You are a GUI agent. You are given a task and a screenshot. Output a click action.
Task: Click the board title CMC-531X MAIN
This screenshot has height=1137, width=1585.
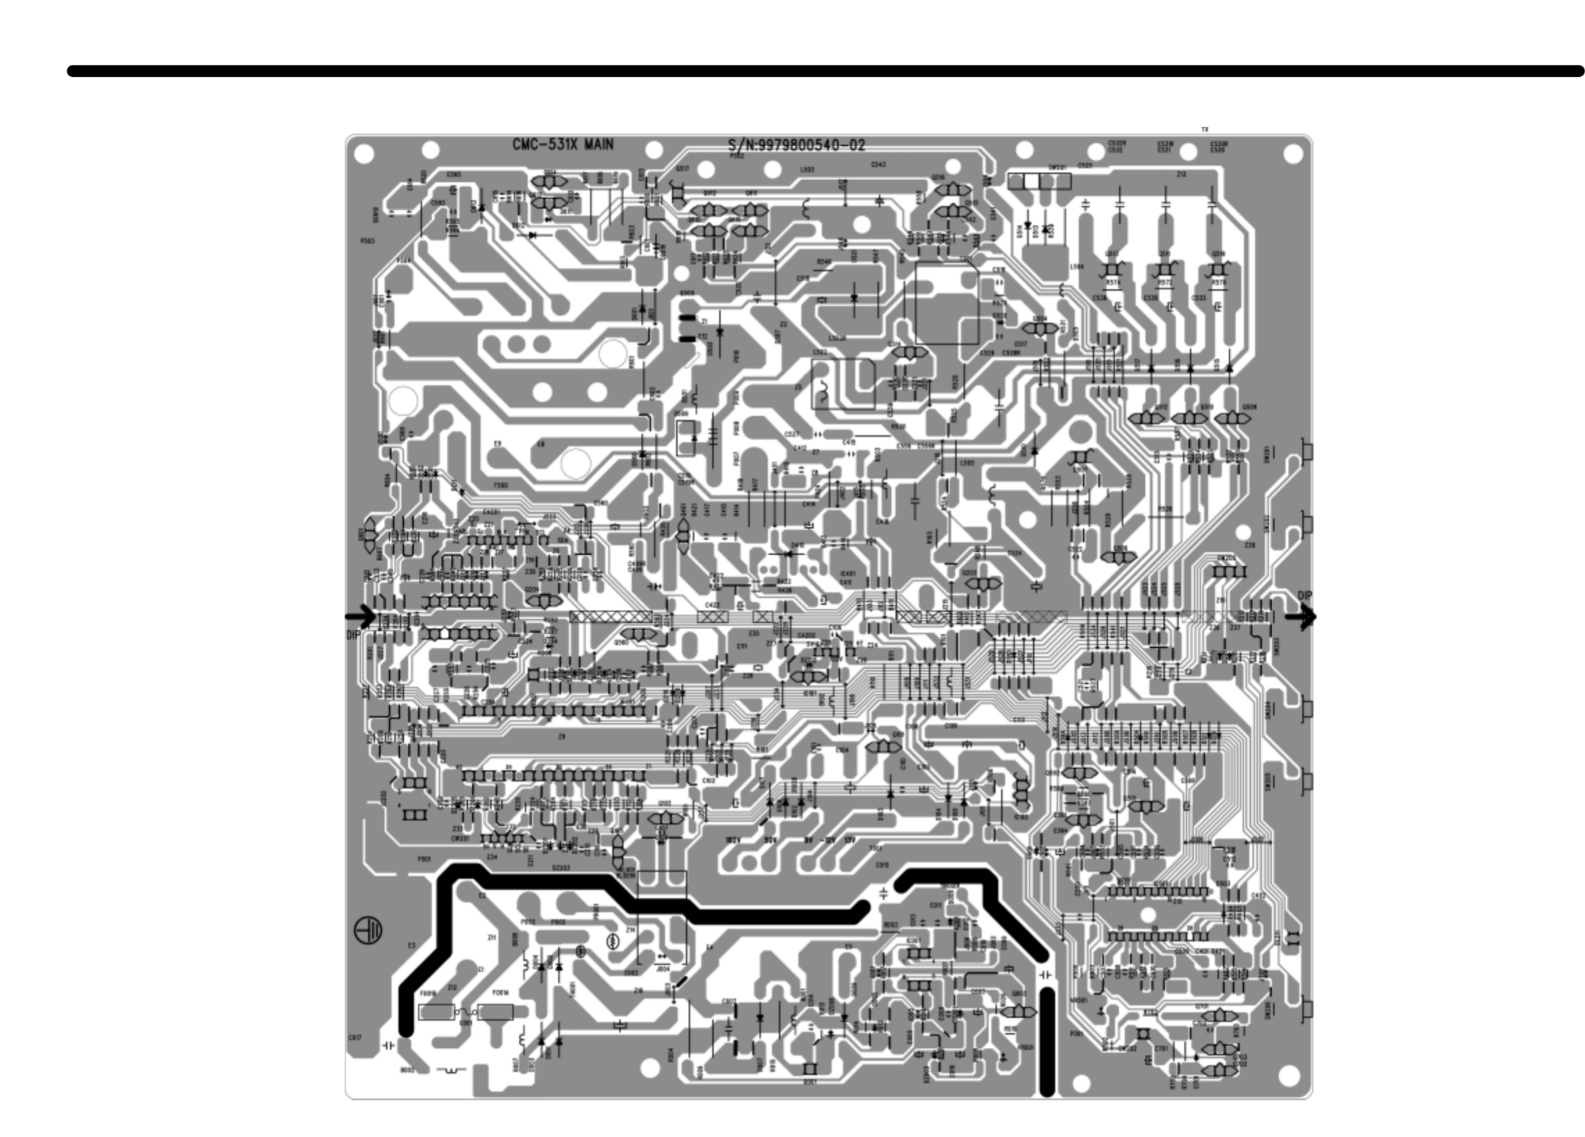click(x=563, y=145)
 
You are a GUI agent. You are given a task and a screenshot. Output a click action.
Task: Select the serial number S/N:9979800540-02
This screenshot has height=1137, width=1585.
click(x=797, y=146)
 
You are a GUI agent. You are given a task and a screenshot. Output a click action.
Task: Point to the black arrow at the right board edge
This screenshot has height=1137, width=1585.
click(x=1301, y=616)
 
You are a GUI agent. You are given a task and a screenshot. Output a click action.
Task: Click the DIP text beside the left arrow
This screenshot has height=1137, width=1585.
click(x=354, y=635)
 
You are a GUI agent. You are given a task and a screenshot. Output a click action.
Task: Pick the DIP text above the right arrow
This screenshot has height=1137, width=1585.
click(x=1305, y=596)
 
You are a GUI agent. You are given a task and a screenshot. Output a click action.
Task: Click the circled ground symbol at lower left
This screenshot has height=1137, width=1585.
click(x=369, y=931)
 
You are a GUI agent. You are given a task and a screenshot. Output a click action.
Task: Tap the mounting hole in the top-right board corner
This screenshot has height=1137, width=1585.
click(x=1294, y=153)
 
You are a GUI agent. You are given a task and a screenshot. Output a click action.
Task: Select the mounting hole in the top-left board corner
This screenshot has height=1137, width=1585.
click(x=364, y=153)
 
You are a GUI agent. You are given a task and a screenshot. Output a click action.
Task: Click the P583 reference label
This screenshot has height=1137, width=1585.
click(x=367, y=241)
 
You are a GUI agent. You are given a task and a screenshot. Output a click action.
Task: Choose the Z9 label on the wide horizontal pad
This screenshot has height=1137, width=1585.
click(x=561, y=736)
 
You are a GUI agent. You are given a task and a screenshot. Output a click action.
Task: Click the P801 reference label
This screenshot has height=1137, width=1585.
click(x=425, y=859)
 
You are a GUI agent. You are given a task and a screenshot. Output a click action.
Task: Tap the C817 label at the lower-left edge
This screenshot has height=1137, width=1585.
click(x=355, y=1038)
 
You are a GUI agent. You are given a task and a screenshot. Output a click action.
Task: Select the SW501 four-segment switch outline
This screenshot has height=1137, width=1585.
click(x=1038, y=182)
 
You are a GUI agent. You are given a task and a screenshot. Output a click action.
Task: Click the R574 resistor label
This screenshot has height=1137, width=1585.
click(x=1113, y=283)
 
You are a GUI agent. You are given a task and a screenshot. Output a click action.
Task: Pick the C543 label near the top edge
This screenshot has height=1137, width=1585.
click(x=878, y=165)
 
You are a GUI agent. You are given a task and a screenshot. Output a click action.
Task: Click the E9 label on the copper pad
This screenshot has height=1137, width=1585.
click(x=497, y=444)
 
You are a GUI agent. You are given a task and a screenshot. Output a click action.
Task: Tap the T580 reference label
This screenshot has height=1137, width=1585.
click(x=500, y=485)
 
